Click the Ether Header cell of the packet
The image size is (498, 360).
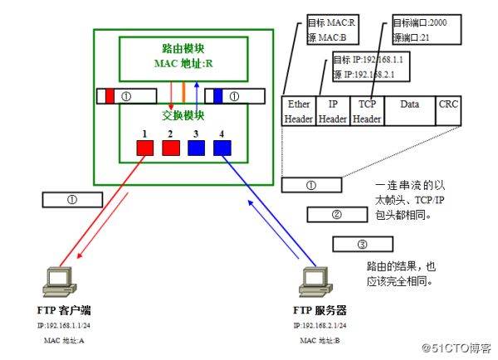click(x=298, y=111)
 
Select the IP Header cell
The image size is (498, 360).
click(x=333, y=111)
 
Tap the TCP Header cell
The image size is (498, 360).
click(x=367, y=111)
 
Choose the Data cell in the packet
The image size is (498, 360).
click(x=409, y=111)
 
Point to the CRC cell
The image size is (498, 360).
click(x=450, y=111)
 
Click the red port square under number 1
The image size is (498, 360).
click(x=144, y=148)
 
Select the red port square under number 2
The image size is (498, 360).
click(x=171, y=148)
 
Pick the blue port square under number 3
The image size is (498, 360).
click(x=197, y=148)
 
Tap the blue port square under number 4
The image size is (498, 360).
click(x=222, y=148)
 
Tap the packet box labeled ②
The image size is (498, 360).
click(x=337, y=215)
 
